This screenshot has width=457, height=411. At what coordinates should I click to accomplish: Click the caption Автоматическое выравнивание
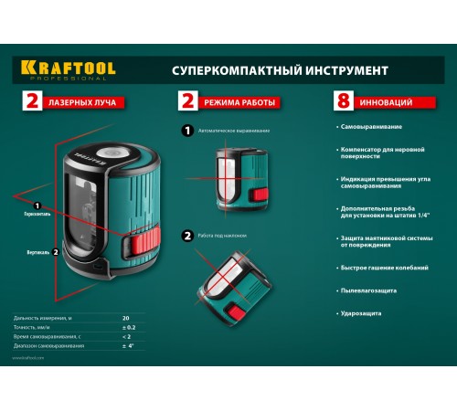point(238,131)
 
